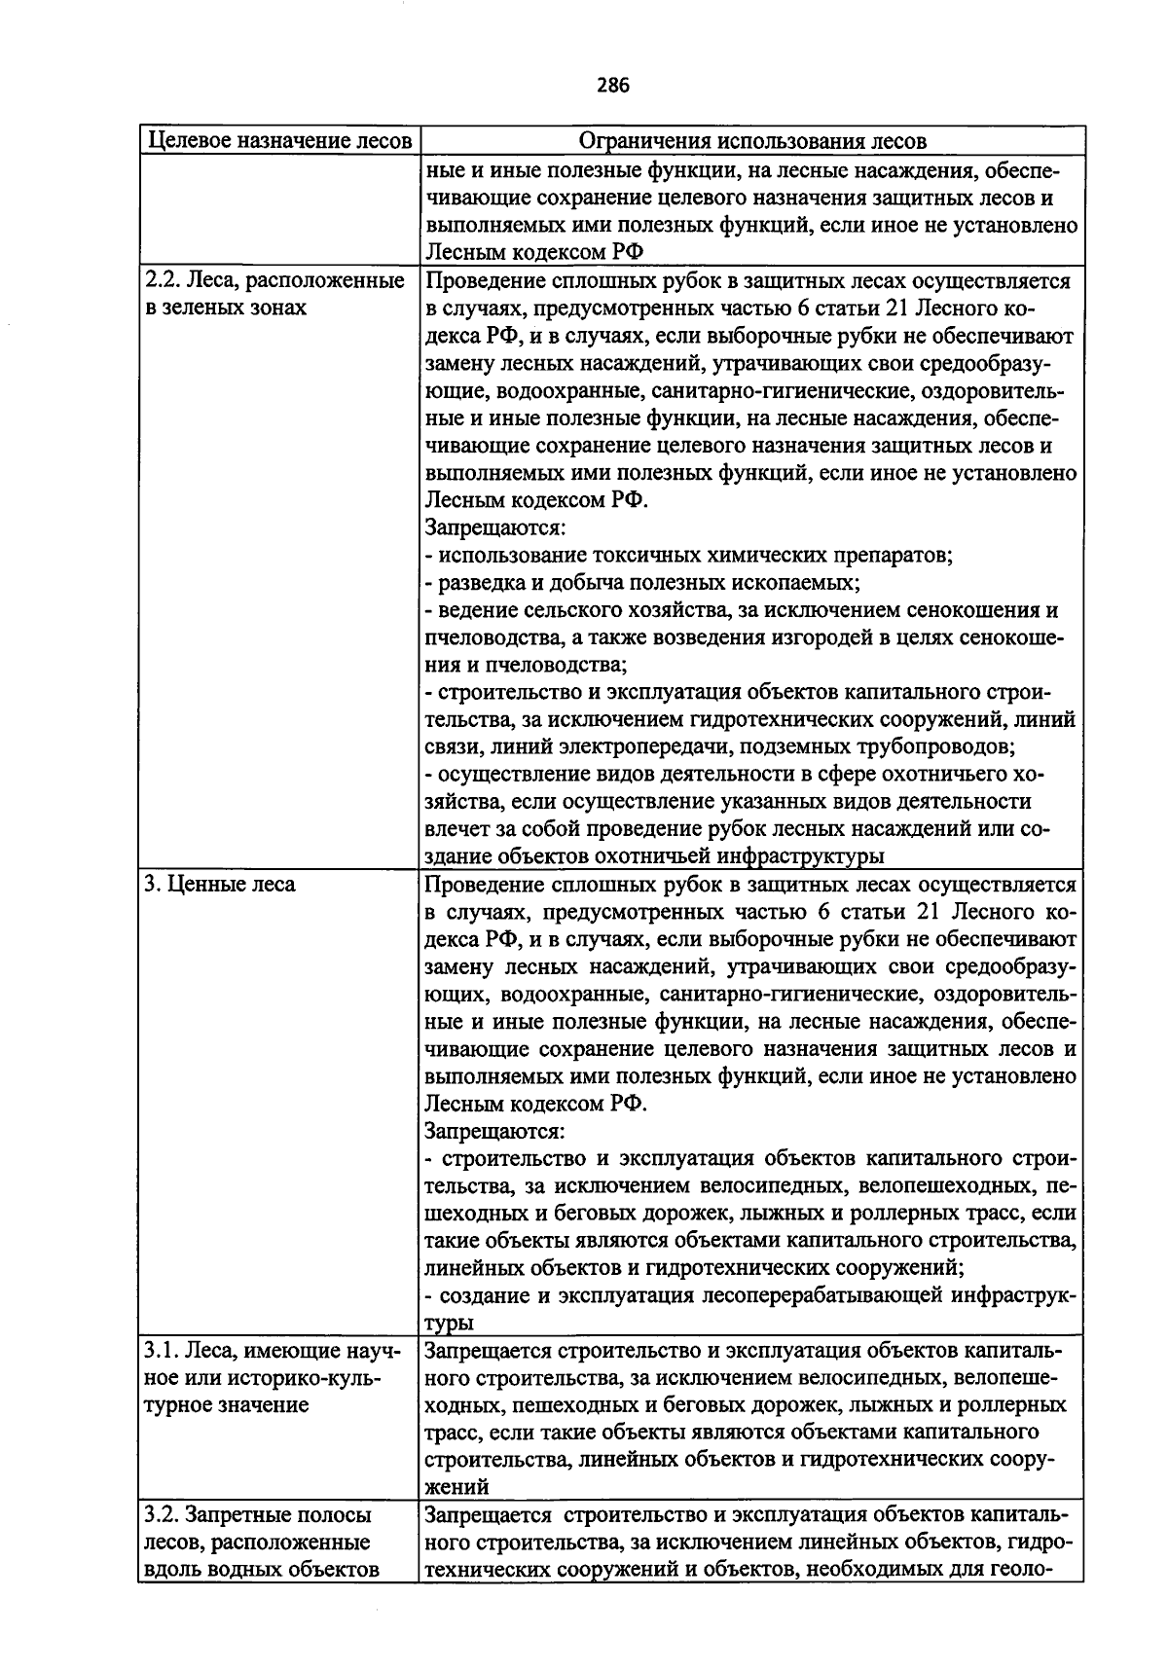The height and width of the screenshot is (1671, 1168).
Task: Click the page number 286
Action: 613,86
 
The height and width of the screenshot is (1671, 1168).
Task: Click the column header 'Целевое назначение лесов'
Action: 278,141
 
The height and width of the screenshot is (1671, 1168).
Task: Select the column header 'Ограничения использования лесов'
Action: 752,141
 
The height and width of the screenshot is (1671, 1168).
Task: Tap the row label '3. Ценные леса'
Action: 220,885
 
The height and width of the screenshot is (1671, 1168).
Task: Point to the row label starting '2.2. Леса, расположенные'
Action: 274,281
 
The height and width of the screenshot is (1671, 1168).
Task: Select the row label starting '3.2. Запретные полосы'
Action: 258,1515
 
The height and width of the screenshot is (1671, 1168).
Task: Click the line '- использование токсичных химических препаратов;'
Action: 689,556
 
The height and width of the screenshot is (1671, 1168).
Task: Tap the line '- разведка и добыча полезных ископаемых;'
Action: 642,583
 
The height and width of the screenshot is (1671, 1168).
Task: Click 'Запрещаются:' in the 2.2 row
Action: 495,528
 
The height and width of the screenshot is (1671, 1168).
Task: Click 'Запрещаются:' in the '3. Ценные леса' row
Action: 495,1132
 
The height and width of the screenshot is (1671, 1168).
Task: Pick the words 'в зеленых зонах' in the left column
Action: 226,309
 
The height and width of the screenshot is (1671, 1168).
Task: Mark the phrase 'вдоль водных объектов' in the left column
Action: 261,1570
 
